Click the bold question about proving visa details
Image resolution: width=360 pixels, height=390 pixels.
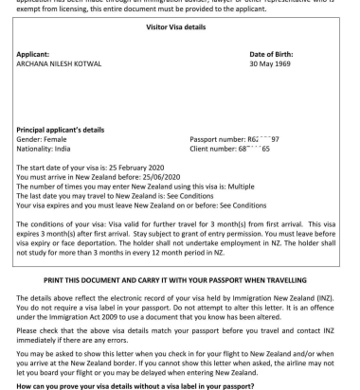(x=119, y=383)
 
